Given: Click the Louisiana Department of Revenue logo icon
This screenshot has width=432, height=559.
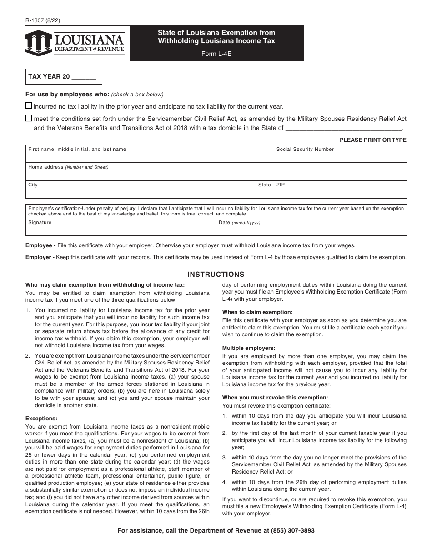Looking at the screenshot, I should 39,43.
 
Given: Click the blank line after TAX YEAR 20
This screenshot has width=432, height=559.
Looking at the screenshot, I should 84,77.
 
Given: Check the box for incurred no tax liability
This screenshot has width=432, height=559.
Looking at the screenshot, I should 29,106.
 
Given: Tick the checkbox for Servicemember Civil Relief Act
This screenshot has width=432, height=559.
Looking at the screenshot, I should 29,118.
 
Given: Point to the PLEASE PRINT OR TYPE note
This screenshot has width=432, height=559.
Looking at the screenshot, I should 373,140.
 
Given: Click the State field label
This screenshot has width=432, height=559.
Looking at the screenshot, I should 264,185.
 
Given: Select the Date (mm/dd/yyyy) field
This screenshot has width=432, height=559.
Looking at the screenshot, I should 312,228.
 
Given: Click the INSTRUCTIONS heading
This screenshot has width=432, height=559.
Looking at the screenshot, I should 216,275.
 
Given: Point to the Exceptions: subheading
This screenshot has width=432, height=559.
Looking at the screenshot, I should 41,419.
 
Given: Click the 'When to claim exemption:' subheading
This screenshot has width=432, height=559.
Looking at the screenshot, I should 257,312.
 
